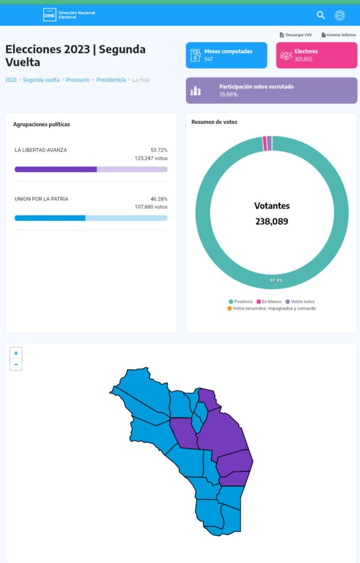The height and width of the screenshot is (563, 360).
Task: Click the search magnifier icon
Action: (320, 15)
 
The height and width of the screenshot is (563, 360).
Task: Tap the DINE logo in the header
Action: (49, 15)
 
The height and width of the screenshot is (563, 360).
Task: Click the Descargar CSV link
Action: (295, 35)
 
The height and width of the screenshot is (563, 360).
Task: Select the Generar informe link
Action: (339, 35)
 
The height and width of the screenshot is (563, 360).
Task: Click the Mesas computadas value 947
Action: (208, 59)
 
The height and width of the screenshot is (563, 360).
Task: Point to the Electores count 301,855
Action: (303, 59)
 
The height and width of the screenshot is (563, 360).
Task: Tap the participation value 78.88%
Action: (228, 95)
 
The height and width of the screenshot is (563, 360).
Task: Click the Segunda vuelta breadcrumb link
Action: (41, 80)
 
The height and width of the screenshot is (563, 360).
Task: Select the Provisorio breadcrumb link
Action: (78, 80)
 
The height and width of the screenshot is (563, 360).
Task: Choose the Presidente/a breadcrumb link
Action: (111, 80)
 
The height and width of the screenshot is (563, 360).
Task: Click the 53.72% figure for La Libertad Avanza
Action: (159, 150)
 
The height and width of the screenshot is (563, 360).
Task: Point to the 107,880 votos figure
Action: (151, 207)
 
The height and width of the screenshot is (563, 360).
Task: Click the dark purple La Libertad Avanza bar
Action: (56, 169)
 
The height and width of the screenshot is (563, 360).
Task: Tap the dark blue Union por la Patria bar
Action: (50, 218)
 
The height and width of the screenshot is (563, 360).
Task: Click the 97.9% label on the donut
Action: (276, 280)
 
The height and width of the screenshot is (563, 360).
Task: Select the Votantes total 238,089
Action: (272, 222)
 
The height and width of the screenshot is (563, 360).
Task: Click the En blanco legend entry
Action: (269, 302)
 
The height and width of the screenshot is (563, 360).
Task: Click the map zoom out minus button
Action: (16, 365)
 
